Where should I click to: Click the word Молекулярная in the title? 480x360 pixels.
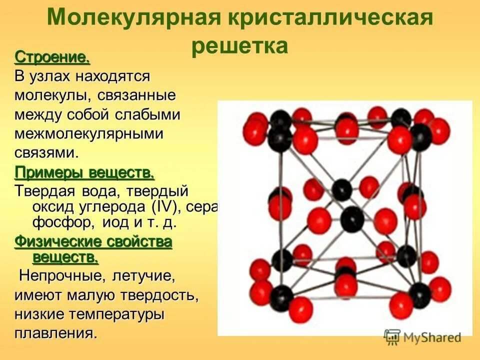coord(133,18)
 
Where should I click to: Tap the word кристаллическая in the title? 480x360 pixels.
coord(330,18)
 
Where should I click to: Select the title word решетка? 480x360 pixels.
coord(239,45)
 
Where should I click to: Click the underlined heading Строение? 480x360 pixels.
coord(52,57)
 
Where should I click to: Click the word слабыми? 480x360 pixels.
coord(147,114)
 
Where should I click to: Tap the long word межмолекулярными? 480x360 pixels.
coord(89,133)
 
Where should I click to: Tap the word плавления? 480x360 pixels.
coord(55,333)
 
